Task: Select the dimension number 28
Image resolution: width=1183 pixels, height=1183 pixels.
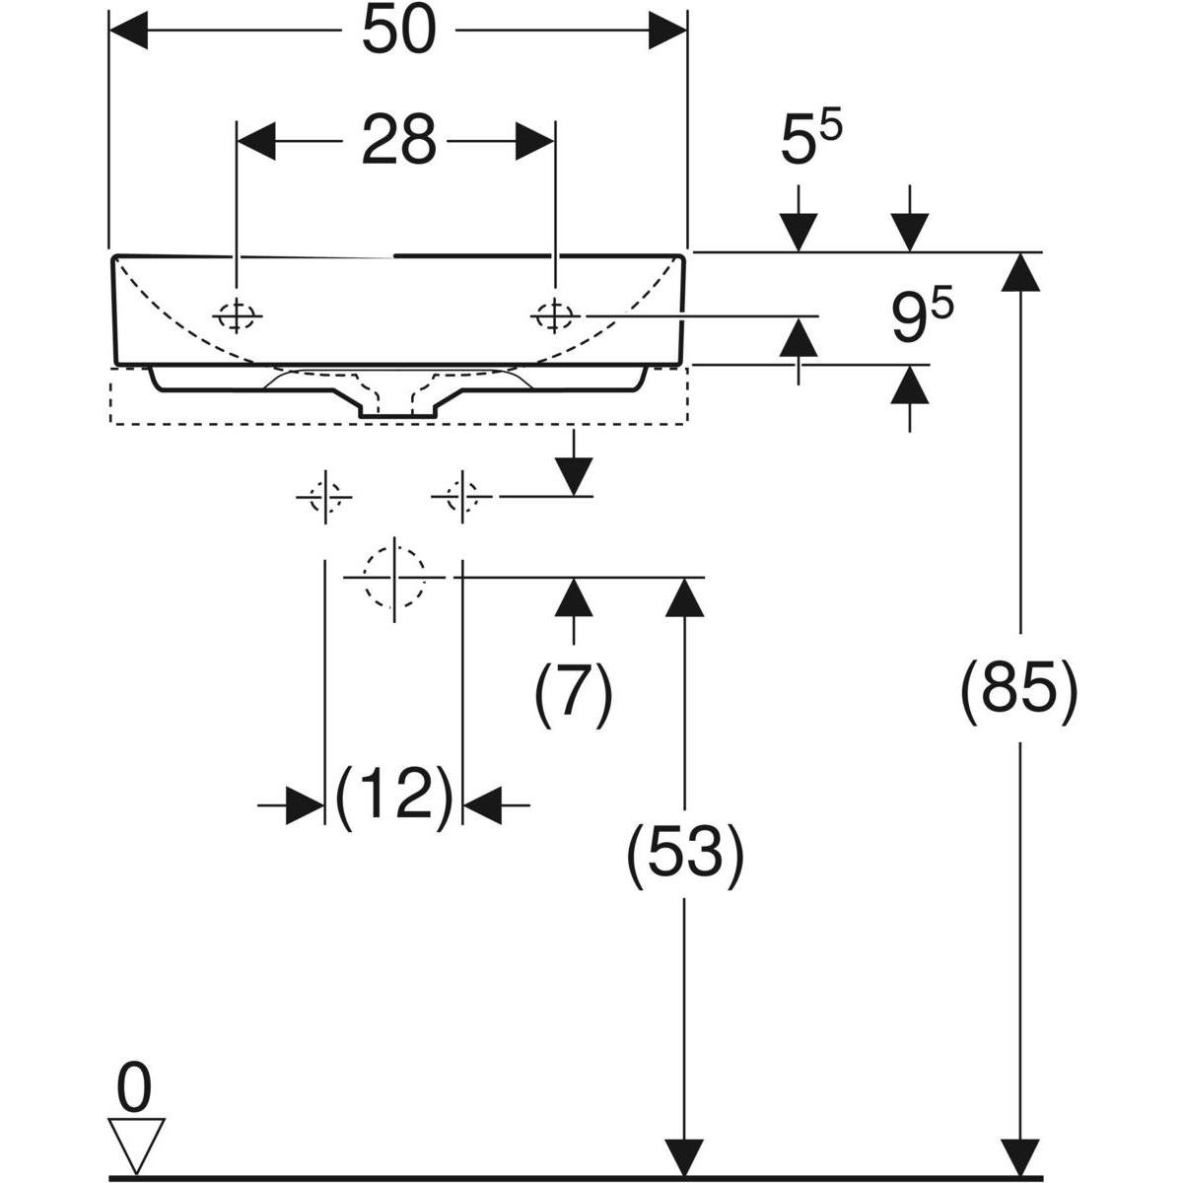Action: tap(398, 141)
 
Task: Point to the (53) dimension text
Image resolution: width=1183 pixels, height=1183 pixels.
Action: tap(685, 853)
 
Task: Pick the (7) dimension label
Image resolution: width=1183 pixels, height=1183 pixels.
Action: tap(574, 694)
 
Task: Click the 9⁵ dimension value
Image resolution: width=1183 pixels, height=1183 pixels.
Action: tap(923, 317)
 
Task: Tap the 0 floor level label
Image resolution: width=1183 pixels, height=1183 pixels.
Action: tap(134, 1090)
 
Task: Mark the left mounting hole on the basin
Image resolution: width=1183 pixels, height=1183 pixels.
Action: tap(237, 316)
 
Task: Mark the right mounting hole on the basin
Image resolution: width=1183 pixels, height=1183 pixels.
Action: tap(554, 316)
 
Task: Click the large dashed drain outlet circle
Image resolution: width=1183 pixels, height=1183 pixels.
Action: tap(393, 578)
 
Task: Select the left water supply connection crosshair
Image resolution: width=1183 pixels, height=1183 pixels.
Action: tap(323, 497)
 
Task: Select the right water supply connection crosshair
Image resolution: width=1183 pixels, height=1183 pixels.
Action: tap(460, 496)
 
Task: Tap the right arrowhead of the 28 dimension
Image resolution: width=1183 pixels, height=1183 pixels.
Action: tap(534, 141)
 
